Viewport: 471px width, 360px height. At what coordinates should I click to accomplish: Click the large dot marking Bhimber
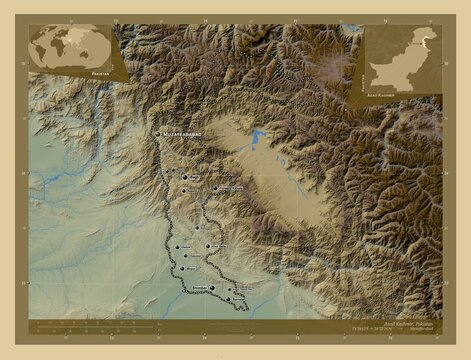point(211,285)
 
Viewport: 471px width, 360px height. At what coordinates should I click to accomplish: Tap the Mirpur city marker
point(180,269)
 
